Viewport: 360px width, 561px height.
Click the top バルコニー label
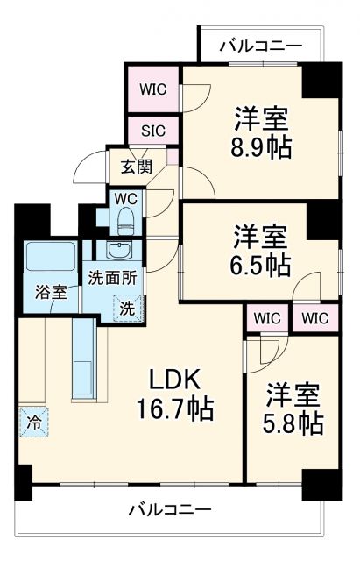[x=261, y=45]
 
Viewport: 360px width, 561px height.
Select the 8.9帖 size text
[x=262, y=146]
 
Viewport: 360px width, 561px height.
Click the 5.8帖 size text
[x=293, y=423]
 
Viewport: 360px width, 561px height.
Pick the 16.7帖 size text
[x=175, y=408]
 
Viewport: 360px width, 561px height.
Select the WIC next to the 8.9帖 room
[x=154, y=89]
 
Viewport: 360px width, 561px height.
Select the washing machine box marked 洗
[x=128, y=308]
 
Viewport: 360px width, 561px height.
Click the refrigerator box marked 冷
[x=32, y=421]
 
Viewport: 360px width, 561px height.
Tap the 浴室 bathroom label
[x=52, y=292]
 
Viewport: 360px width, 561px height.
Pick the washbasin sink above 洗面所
[x=119, y=252]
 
